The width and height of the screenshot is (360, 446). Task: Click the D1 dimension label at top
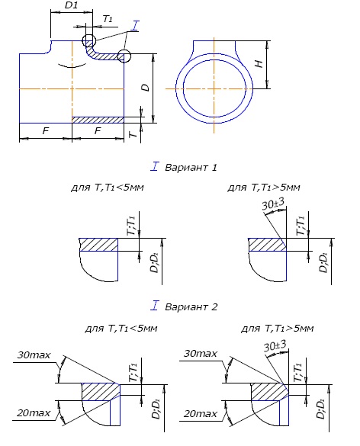pyautogui.click(x=71, y=5)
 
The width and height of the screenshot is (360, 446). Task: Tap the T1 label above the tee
pyautogui.click(x=108, y=19)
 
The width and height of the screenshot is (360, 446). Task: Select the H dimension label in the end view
pyautogui.click(x=259, y=63)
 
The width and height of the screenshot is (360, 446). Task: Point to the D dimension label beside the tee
pyautogui.click(x=146, y=88)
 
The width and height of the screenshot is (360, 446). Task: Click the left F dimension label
pyautogui.click(x=46, y=130)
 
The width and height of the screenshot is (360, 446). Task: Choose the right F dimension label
pyautogui.click(x=98, y=130)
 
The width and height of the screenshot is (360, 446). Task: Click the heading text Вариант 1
pyautogui.click(x=191, y=167)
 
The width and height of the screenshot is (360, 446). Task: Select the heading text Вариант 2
pyautogui.click(x=191, y=306)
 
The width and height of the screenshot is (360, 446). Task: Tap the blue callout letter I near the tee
pyautogui.click(x=135, y=26)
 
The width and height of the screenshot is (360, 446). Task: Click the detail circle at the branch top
pyautogui.click(x=89, y=40)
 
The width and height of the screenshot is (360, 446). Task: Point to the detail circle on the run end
pyautogui.click(x=124, y=56)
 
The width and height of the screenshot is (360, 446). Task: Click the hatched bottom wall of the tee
pyautogui.click(x=98, y=120)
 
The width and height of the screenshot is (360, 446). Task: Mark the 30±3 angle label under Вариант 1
pyautogui.click(x=272, y=204)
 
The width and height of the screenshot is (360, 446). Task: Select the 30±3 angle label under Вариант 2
pyautogui.click(x=275, y=345)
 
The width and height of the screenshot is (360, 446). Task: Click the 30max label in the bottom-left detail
pyautogui.click(x=34, y=355)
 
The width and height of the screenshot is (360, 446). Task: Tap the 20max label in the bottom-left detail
pyautogui.click(x=34, y=412)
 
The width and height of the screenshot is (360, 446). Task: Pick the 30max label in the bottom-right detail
pyautogui.click(x=201, y=354)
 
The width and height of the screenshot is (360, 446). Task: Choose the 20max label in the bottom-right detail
pyautogui.click(x=201, y=413)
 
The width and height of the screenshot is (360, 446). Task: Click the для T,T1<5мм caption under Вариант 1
pyautogui.click(x=108, y=188)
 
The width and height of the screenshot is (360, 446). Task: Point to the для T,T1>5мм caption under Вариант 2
pyautogui.click(x=278, y=329)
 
